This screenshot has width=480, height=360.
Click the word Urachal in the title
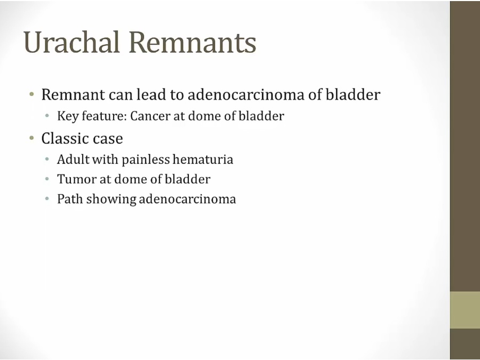pos(71,42)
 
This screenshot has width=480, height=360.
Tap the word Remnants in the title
pos(192,42)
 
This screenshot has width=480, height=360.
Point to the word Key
pos(68,116)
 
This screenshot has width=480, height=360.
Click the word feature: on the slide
pos(104,116)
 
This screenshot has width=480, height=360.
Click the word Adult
pos(73,159)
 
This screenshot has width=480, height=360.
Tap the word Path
pos(70,199)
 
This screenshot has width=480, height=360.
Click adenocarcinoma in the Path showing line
pos(187,199)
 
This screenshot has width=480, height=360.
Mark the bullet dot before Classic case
pos(31,138)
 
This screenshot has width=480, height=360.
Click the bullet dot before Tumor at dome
pos(47,179)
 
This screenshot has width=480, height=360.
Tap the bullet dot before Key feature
pos(47,116)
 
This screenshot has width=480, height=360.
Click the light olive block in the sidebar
pos(465,310)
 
